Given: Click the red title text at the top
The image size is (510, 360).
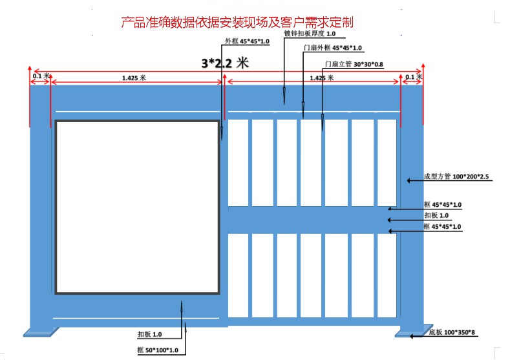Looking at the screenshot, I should [x=237, y=23].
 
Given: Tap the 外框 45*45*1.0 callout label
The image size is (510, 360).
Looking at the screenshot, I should [x=247, y=41].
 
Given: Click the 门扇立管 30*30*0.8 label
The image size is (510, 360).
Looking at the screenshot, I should [x=354, y=64].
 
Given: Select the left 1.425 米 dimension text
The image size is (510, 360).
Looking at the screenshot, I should [x=134, y=78].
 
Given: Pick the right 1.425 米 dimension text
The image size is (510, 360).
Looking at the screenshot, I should [x=321, y=78].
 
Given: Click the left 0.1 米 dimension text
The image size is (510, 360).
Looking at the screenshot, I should [x=40, y=76].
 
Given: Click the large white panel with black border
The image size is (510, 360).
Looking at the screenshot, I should [x=137, y=207].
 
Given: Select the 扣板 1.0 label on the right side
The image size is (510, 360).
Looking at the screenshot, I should [x=436, y=215].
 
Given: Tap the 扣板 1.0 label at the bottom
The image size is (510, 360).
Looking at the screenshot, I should [x=149, y=335].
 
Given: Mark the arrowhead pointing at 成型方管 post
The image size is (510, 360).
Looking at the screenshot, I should [x=408, y=181].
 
